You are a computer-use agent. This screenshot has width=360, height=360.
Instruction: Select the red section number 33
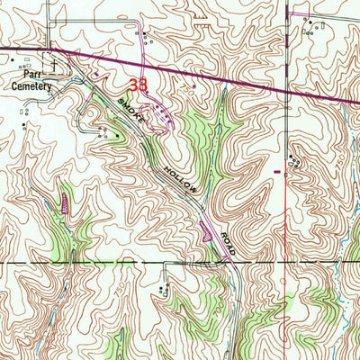click(138, 86)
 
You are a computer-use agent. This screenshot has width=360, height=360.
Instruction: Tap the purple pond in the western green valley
click(65, 204)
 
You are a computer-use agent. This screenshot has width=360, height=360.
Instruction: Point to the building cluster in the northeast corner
click(312, 27)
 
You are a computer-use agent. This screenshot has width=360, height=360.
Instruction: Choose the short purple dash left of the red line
click(277, 167)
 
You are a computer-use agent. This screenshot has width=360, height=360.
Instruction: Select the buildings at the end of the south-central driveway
click(163, 289)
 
